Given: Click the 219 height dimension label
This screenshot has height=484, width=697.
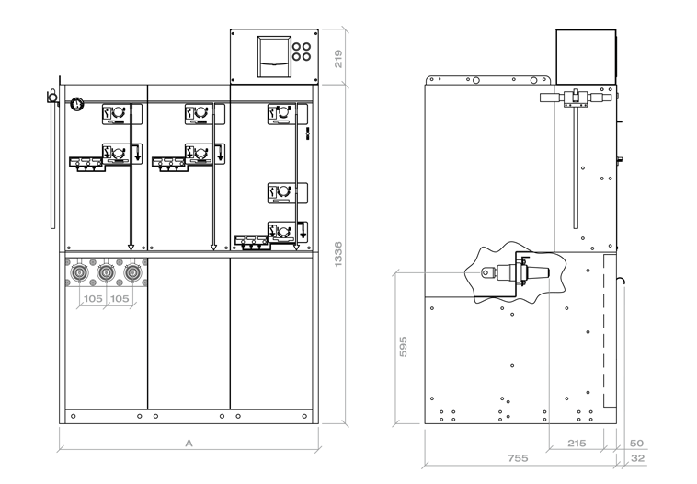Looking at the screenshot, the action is [338, 59].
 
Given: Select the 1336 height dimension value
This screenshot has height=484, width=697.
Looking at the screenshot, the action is [338, 255].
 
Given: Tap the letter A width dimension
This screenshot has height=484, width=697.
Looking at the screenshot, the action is [189, 444].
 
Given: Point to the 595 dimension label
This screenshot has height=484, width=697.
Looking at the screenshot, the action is [403, 347].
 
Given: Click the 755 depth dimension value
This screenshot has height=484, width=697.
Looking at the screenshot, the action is [519, 457].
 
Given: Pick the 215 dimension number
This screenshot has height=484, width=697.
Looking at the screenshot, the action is [577, 444].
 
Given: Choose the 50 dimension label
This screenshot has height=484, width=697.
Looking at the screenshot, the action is [636, 444].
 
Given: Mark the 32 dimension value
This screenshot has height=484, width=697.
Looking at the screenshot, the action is [638, 458].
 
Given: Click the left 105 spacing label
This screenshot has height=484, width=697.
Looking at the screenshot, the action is [93, 298].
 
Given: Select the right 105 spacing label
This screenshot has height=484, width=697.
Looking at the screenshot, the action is [120, 298].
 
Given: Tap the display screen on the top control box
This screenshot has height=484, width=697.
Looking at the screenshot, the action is [274, 56].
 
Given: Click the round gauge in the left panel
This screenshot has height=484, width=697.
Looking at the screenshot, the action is [77, 104].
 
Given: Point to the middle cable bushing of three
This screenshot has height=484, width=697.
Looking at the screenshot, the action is [106, 271].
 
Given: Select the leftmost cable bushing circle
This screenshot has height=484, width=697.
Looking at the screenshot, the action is [80, 271].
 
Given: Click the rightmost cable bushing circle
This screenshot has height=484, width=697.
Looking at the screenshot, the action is [132, 271].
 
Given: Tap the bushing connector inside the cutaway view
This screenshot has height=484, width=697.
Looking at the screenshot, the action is [516, 272].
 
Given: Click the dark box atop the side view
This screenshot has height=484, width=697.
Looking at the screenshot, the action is [586, 56].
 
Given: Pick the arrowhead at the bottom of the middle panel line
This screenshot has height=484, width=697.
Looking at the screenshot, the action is [213, 248].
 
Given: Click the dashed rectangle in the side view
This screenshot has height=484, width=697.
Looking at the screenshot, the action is [610, 331].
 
